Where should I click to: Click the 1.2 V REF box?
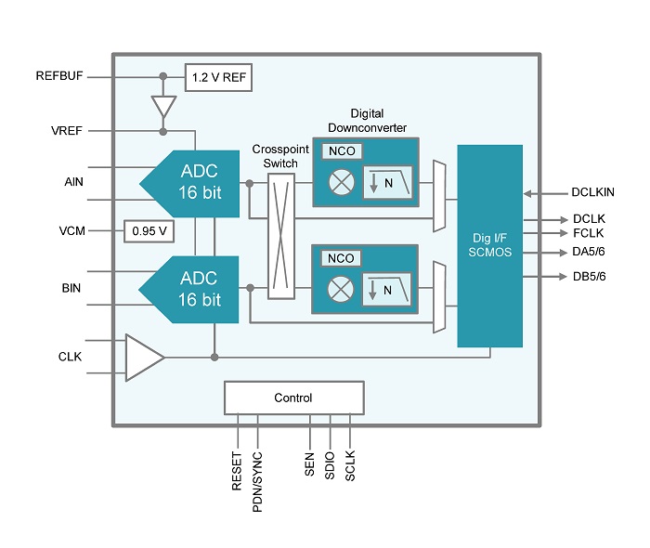click(219, 77)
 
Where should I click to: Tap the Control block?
click(293, 398)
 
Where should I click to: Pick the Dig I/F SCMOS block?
click(489, 245)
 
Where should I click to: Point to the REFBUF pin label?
click(59, 76)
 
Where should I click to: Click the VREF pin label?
click(67, 131)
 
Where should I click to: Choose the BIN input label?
click(71, 288)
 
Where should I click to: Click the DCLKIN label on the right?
click(593, 194)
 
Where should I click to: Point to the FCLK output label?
click(586, 233)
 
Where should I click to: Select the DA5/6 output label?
click(590, 252)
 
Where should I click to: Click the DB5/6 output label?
click(590, 276)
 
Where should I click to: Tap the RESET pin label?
click(238, 471)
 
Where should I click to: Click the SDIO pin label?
click(330, 463)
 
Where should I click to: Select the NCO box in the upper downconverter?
click(339, 151)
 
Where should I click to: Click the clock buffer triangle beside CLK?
click(143, 357)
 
